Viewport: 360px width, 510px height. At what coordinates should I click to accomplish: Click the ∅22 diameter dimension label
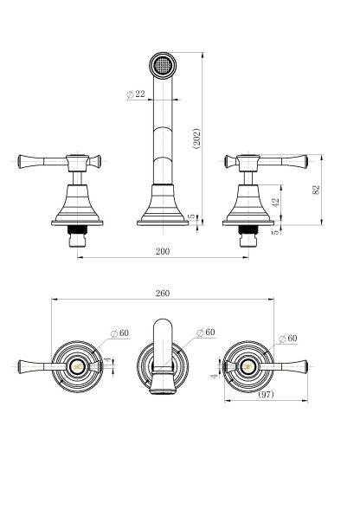(x=135, y=94)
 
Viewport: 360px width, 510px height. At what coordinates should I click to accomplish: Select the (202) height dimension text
(x=196, y=139)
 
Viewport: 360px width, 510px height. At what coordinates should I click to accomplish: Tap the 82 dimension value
(x=316, y=190)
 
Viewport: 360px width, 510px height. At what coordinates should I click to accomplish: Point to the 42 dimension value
(x=275, y=203)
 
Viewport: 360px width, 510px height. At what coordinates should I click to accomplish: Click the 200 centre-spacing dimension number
(x=163, y=251)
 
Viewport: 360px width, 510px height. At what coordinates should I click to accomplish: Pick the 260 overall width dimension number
(x=163, y=294)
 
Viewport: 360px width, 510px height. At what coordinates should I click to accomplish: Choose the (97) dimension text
(x=266, y=395)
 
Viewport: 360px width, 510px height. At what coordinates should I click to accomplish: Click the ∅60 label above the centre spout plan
(x=206, y=332)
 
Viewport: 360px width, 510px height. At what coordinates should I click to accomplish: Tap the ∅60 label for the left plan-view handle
(x=119, y=333)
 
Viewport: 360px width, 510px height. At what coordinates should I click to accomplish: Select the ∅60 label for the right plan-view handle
(x=288, y=339)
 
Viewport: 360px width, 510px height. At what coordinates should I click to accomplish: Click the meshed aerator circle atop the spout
(x=163, y=65)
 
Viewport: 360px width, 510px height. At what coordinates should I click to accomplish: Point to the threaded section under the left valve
(x=77, y=229)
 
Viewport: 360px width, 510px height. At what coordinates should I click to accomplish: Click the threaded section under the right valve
(x=248, y=229)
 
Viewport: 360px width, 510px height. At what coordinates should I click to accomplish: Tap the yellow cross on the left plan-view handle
(x=77, y=367)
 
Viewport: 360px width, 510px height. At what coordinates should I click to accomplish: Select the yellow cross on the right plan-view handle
(x=248, y=367)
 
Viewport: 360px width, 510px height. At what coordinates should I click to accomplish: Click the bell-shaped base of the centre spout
(x=163, y=205)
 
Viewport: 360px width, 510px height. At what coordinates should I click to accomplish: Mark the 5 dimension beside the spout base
(x=192, y=216)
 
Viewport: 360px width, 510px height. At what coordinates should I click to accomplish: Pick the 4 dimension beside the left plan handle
(x=107, y=360)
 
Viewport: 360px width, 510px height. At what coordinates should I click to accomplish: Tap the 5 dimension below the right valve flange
(x=275, y=232)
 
